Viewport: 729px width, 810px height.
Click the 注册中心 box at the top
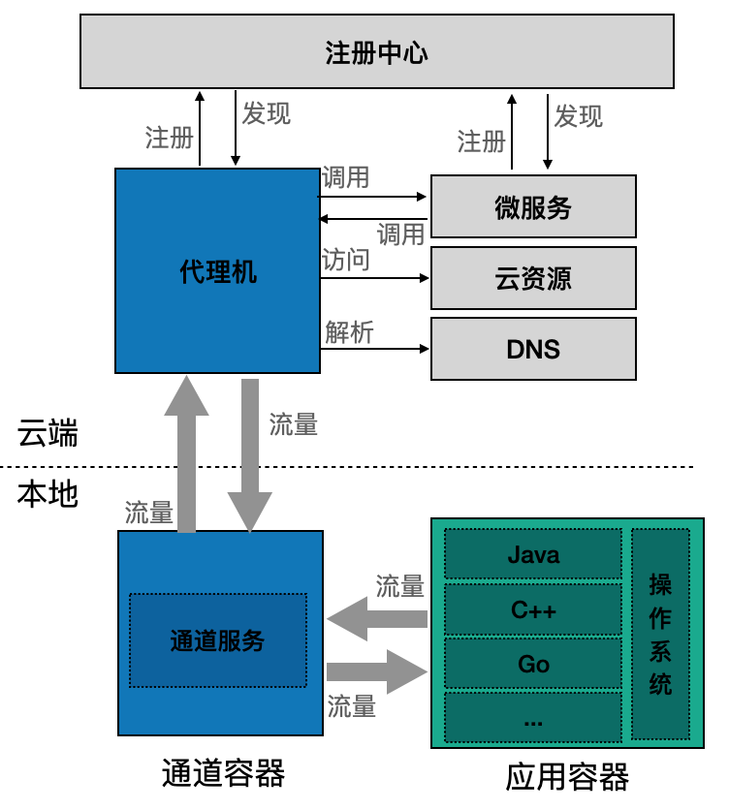377,51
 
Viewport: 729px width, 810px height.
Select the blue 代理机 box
218,270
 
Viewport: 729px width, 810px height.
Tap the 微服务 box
533,206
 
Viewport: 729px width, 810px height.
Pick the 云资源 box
533,278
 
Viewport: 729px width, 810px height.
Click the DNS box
533,349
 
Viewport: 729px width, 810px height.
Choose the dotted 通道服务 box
218,640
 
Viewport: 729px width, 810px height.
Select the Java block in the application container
533,554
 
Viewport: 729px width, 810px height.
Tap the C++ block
533,609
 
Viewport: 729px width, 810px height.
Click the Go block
533,664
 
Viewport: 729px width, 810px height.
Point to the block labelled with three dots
533,718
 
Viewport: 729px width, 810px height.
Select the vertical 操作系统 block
661,635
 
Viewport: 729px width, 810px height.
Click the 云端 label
48,433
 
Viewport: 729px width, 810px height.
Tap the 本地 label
48,494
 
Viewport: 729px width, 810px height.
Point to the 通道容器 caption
223,773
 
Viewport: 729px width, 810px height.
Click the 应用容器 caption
567,776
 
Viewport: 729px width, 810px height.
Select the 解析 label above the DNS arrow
350,332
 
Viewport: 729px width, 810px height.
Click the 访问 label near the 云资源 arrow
346,260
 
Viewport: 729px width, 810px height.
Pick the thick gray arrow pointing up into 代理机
187,453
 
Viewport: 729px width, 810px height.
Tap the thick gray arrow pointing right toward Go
377,671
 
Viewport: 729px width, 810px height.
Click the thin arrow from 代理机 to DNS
375,349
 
